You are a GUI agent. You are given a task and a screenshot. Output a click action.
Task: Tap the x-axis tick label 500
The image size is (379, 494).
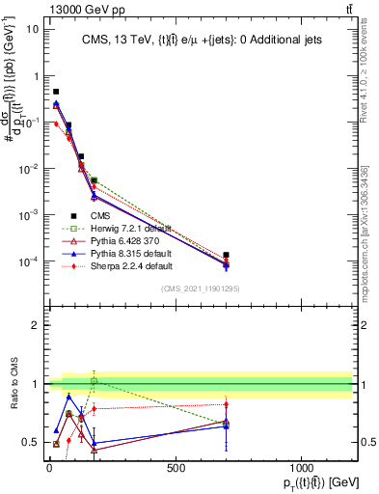[176, 469]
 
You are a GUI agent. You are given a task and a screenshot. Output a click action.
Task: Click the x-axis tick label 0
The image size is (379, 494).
[49, 469]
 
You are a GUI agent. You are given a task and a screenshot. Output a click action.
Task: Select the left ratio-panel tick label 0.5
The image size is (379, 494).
[28, 442]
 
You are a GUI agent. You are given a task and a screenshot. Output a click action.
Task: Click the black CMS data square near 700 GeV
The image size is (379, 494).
[226, 256]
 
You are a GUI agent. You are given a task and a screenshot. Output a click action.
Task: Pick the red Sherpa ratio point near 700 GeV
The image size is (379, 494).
[226, 404]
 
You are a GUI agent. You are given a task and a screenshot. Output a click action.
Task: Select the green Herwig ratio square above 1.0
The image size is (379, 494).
[94, 381]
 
